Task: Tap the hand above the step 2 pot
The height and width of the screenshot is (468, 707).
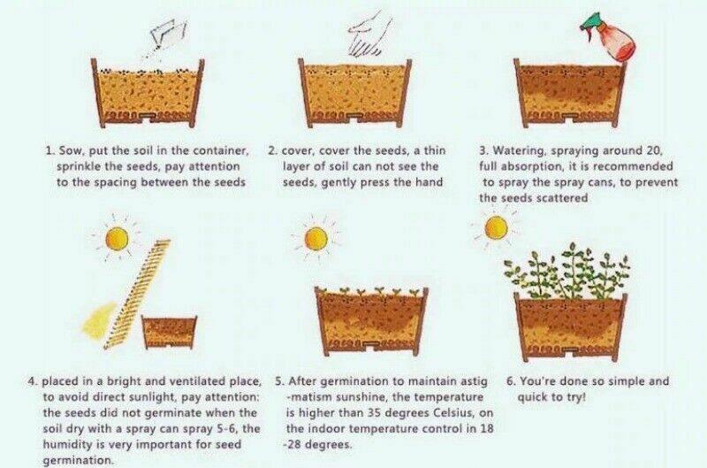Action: pos(364,35)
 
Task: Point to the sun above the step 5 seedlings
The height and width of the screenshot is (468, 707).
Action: pos(315,237)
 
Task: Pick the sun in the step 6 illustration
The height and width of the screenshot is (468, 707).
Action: pos(497,227)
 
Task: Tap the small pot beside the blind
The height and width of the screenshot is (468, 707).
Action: pos(170,332)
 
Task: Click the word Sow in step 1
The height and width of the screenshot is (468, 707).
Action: pos(70,151)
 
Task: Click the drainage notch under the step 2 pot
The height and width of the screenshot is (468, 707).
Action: pos(354,118)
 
